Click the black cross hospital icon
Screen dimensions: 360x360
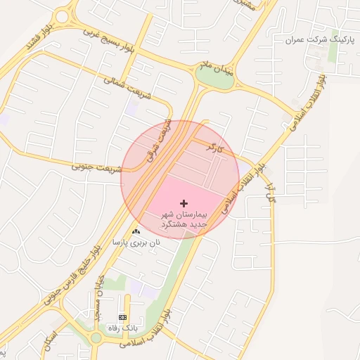(184, 202)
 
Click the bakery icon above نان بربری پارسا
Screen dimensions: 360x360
(136, 231)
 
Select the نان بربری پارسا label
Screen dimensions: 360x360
(136, 242)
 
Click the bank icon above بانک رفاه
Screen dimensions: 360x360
(124, 318)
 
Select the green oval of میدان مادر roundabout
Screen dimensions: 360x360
(219, 79)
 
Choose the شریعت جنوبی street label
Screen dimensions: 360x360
(97, 168)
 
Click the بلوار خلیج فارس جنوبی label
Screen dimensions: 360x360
(70, 271)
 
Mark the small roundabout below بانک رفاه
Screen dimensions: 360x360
(96, 338)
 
